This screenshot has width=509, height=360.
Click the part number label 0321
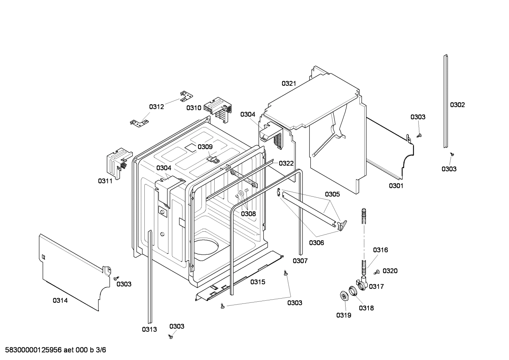click(x=288, y=83)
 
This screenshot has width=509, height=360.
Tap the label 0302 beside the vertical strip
click(x=457, y=105)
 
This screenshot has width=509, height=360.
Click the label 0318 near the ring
click(x=366, y=308)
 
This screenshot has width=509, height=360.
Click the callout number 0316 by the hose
click(x=380, y=250)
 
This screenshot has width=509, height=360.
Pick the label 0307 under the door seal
click(x=300, y=261)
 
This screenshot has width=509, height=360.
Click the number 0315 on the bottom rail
click(x=258, y=282)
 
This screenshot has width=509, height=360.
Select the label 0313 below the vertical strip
click(x=149, y=329)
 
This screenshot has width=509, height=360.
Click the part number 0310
click(x=194, y=108)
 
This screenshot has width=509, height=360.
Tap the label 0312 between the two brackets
click(x=156, y=107)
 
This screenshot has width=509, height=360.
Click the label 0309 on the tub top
click(x=205, y=147)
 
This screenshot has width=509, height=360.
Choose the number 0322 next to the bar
click(x=286, y=163)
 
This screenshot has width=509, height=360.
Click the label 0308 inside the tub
click(x=248, y=214)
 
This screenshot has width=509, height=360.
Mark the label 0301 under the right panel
click(x=396, y=186)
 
